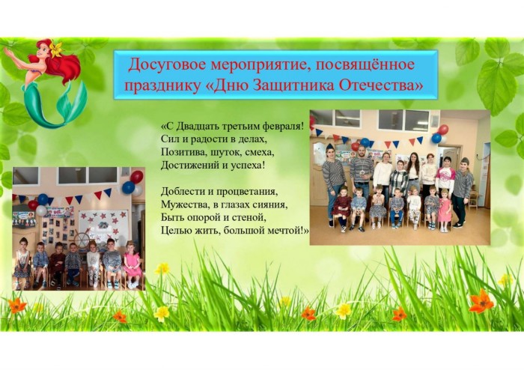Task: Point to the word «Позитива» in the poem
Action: tap(179, 152)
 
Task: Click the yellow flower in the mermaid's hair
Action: tap(56, 48)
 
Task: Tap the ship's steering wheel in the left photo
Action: tap(82, 240)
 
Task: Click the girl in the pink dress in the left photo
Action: tap(132, 265)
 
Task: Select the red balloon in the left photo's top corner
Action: tap(136, 177)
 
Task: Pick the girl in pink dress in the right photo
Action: tap(445, 210)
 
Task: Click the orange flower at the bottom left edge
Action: tap(17, 305)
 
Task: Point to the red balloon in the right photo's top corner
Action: tap(443, 130)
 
